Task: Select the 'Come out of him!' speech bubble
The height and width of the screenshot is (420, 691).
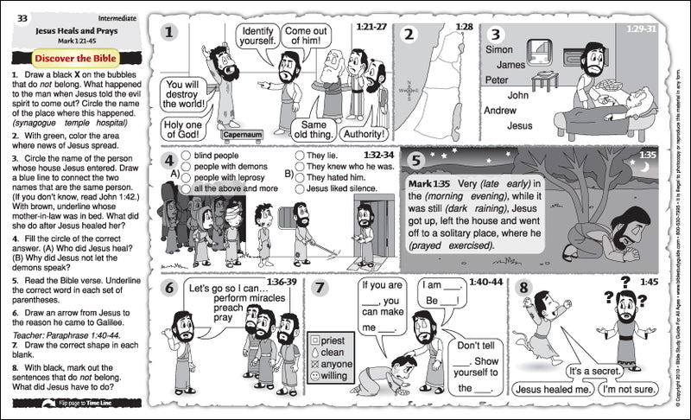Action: click(x=307, y=35)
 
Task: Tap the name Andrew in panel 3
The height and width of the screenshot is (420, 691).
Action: click(x=499, y=111)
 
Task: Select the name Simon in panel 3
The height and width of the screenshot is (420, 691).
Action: click(x=499, y=49)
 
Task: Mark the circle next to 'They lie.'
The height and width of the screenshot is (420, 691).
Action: click(x=299, y=156)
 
